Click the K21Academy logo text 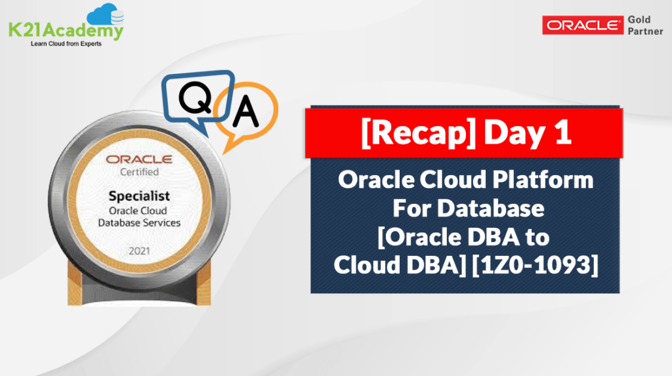[x=66, y=30]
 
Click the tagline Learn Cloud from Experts [x=66, y=44]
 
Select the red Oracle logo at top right [x=583, y=26]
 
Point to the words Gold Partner [x=645, y=26]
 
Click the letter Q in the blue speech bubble [x=196, y=98]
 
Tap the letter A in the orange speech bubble [x=245, y=112]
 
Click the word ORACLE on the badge [x=139, y=159]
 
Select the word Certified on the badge [x=139, y=172]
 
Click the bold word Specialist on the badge [x=139, y=196]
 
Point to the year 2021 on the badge [x=140, y=251]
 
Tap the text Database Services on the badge [x=139, y=223]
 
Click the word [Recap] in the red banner [x=419, y=133]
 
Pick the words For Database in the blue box [x=469, y=209]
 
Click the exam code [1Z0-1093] [x=535, y=265]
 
